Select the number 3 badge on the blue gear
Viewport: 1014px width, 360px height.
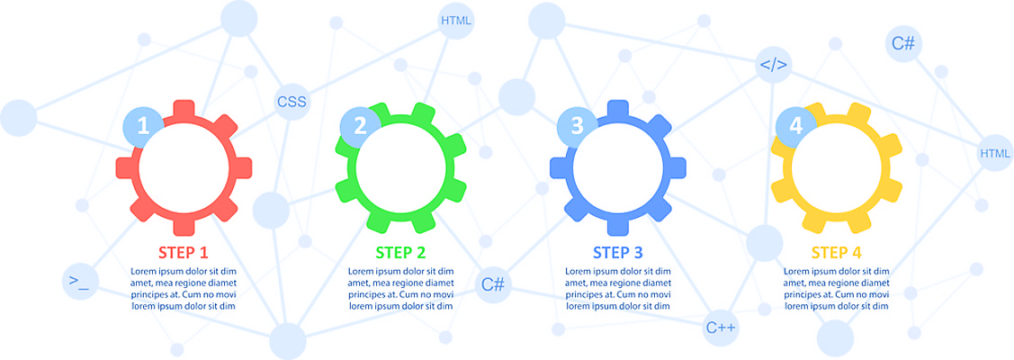pos(578,127)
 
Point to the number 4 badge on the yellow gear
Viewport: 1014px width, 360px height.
pos(795,127)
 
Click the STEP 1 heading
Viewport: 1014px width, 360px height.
pos(184,252)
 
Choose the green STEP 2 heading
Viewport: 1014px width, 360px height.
pos(400,252)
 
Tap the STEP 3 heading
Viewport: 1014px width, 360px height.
pos(617,252)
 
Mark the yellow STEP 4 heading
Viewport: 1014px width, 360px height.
pos(837,252)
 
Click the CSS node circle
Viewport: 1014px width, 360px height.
pos(292,102)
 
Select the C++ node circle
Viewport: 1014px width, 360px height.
pos(722,328)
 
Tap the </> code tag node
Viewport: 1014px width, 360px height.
pos(774,65)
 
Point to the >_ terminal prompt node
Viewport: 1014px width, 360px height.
pos(79,282)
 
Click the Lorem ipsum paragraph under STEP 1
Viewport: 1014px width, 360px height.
pos(184,288)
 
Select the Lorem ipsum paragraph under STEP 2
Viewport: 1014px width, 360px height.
pos(400,288)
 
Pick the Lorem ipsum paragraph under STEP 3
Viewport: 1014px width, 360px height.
pos(617,288)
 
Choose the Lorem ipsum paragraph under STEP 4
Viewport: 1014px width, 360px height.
pos(837,288)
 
